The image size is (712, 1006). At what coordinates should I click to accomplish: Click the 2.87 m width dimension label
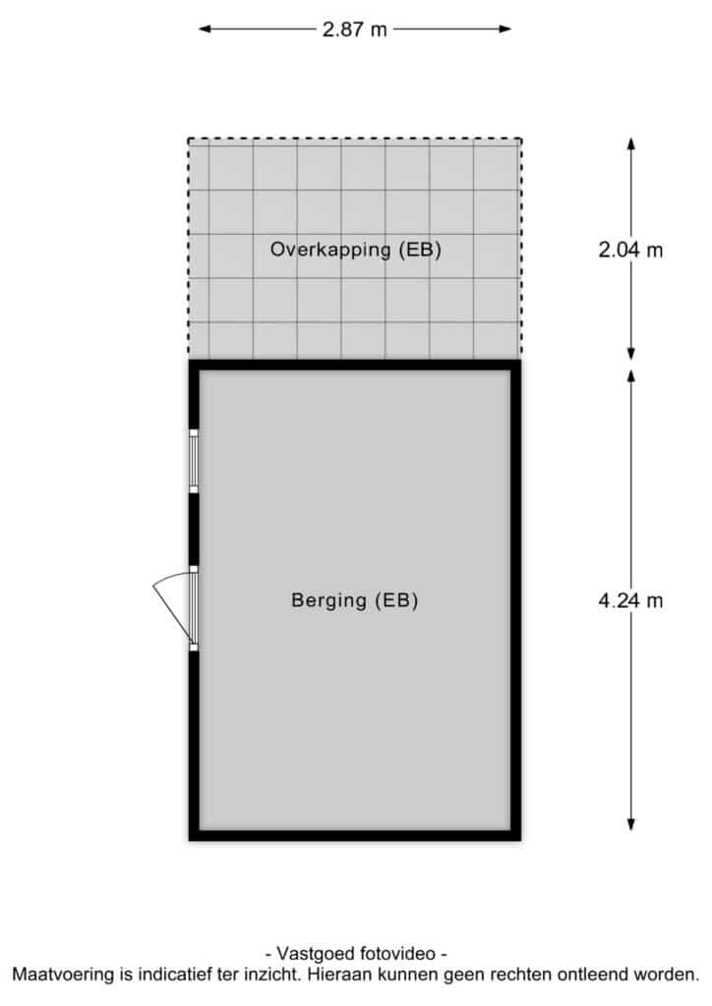point(354,28)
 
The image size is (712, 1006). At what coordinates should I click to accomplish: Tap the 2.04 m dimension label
point(630,249)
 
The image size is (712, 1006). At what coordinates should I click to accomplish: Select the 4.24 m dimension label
point(630,600)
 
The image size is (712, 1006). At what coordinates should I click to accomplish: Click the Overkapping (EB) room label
point(356,249)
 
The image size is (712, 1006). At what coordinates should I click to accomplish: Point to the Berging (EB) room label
point(355,600)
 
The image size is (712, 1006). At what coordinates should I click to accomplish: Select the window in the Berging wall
point(194,462)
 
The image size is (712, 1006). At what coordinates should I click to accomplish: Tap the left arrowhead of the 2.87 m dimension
point(205,28)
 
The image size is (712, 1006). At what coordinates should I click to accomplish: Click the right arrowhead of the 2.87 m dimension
point(504,28)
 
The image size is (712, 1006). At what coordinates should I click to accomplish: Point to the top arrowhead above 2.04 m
point(631,143)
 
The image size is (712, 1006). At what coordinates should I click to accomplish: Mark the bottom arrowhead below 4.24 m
point(631,824)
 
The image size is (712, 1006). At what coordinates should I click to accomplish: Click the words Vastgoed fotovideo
point(356,953)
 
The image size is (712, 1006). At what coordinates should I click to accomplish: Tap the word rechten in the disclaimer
point(520,976)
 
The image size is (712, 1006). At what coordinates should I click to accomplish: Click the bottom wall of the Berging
point(355,835)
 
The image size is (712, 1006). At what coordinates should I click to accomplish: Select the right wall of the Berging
point(515,600)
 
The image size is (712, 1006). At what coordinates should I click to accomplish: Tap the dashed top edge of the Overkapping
point(355,139)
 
